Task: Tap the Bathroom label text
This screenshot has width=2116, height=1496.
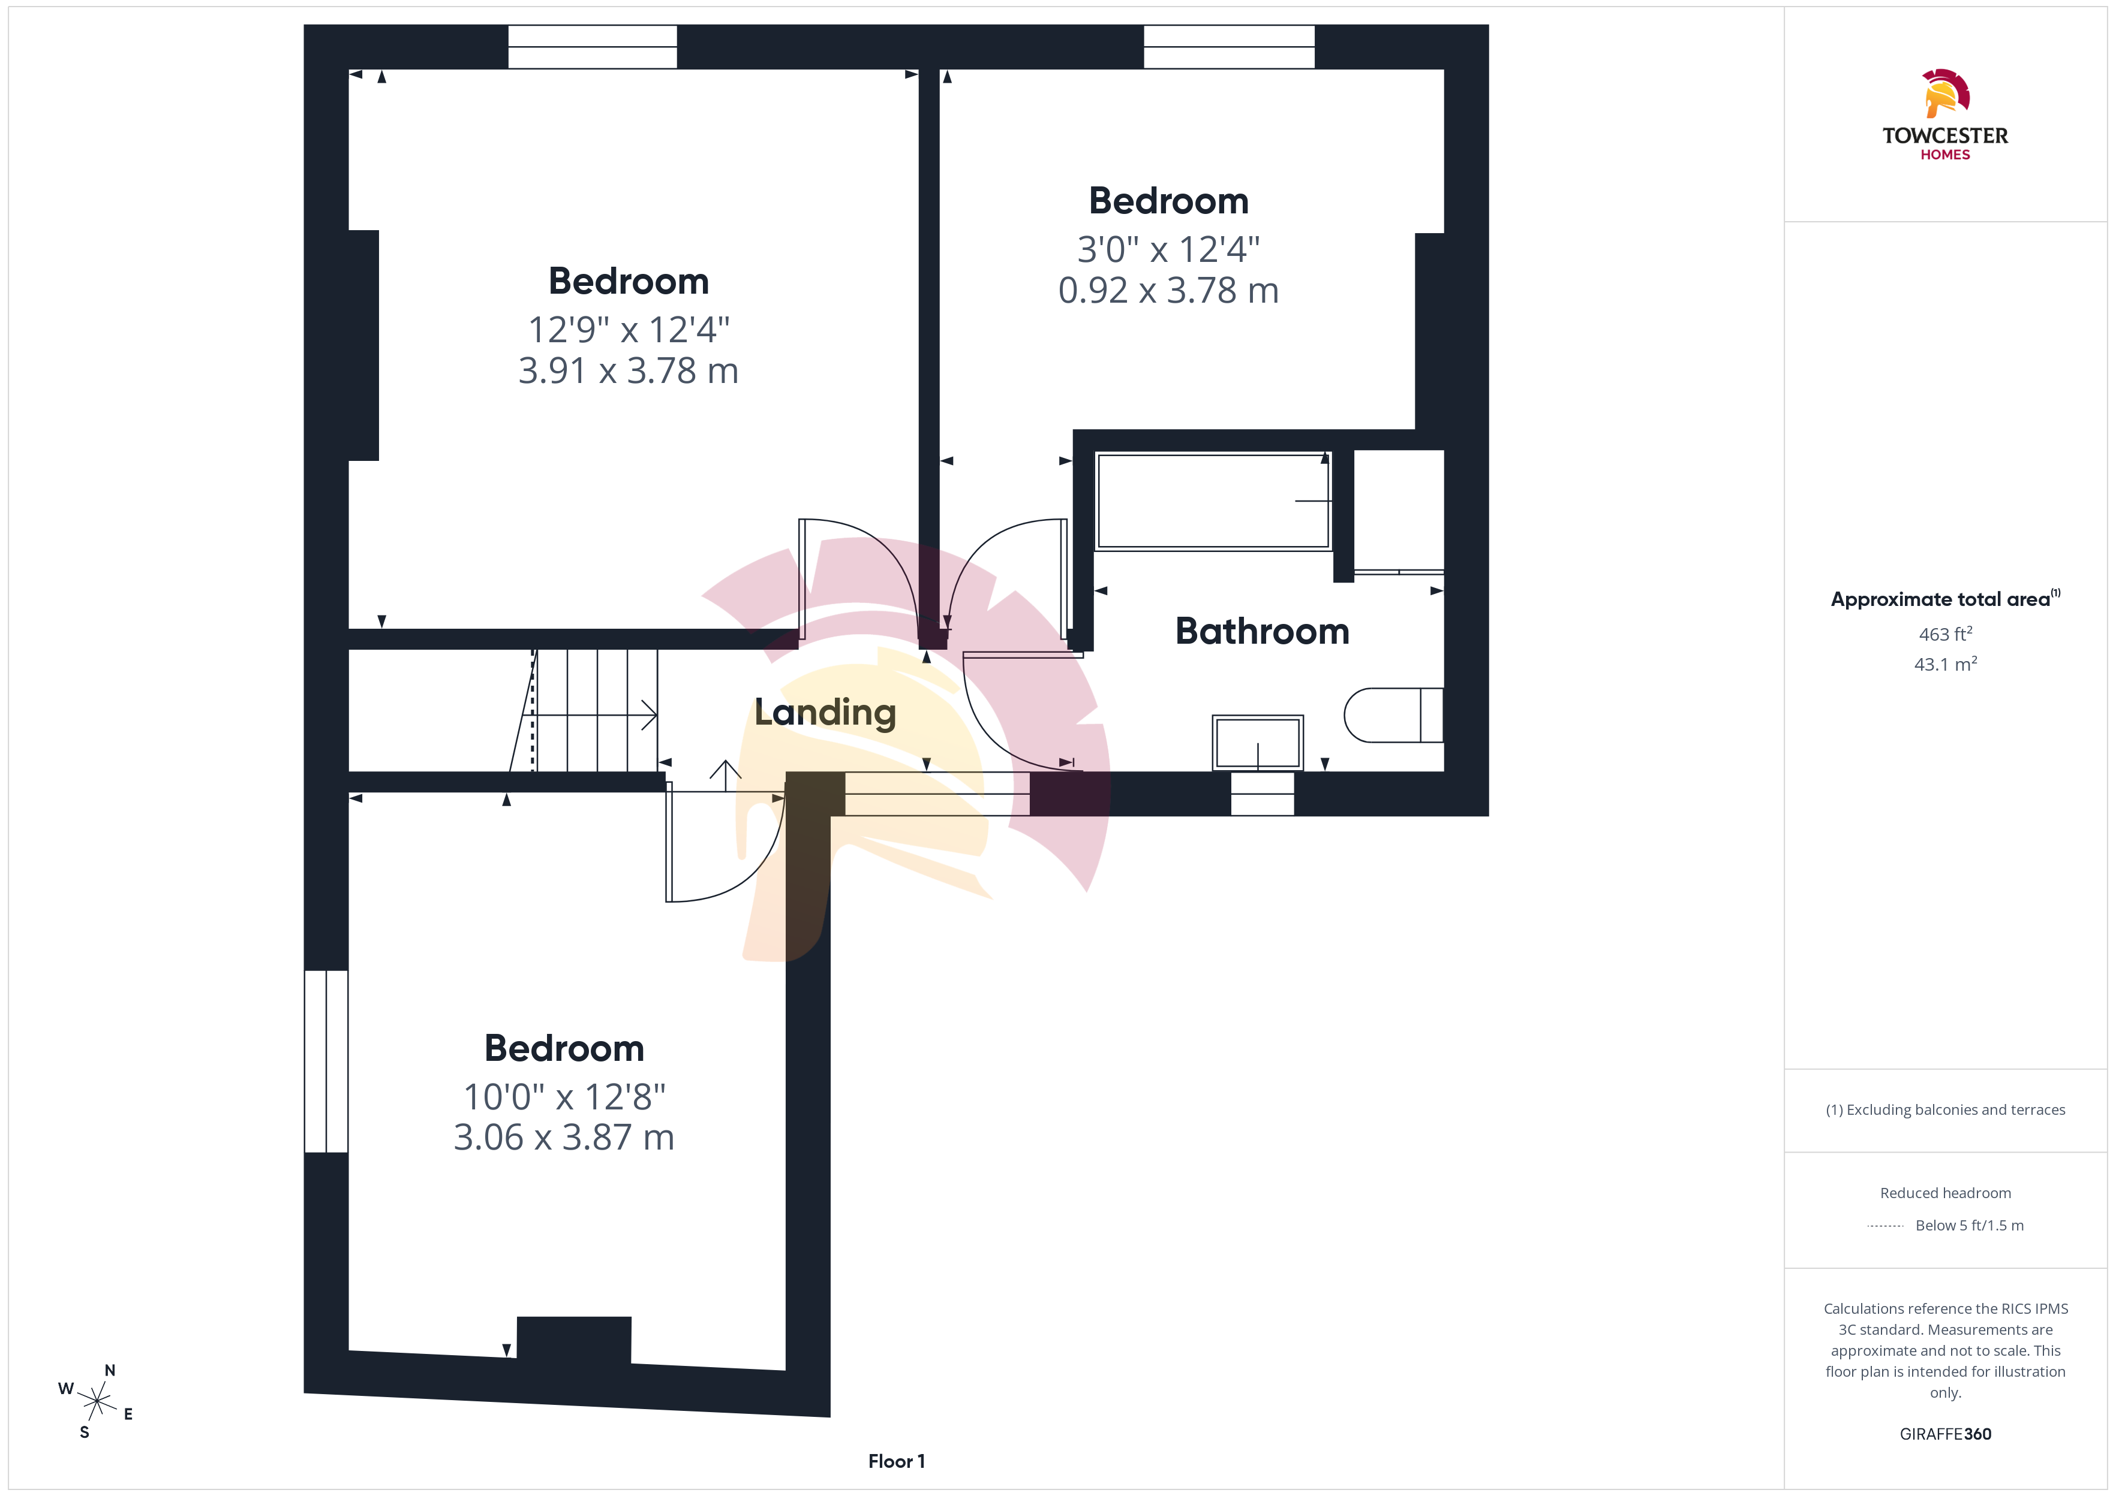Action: pos(1262,631)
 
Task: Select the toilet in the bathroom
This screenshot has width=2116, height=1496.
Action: pos(1393,715)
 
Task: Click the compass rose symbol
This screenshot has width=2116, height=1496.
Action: pos(96,1402)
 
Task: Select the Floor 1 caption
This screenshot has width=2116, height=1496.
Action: pos(896,1461)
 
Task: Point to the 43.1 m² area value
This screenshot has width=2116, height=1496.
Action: pos(1946,663)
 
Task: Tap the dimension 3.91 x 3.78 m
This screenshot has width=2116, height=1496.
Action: pos(629,370)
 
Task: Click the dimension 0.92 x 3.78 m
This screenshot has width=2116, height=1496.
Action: pos(1168,290)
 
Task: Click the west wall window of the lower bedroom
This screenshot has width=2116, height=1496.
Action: pos(326,1061)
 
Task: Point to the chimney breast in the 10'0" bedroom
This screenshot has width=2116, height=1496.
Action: pos(574,1340)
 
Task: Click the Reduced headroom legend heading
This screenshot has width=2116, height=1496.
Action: pos(1946,1193)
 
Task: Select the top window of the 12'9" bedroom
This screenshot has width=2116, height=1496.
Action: pos(593,46)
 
